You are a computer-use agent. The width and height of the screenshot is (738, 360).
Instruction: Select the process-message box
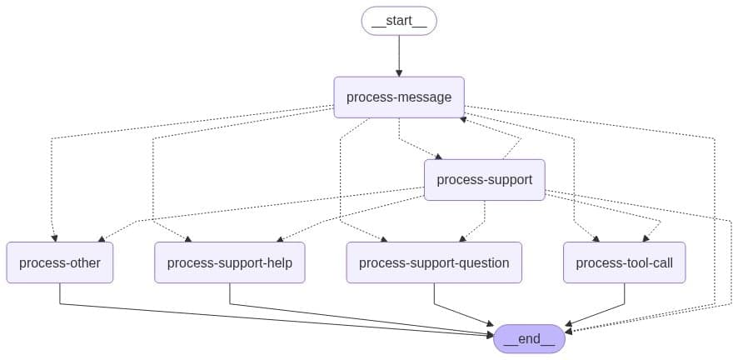399,97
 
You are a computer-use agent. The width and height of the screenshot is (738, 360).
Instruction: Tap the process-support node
484,180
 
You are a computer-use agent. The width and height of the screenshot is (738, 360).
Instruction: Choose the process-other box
60,263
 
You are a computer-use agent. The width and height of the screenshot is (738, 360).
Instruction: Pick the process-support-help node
230,263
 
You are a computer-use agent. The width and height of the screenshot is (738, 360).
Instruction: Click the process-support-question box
434,263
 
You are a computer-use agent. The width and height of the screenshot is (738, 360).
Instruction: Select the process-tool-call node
624,263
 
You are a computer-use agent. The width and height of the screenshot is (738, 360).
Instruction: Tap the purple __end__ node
529,339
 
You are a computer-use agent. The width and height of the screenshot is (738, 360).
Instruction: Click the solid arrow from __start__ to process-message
399,54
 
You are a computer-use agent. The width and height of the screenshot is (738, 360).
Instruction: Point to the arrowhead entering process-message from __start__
399,73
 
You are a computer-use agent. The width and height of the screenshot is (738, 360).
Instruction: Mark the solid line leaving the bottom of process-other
60,293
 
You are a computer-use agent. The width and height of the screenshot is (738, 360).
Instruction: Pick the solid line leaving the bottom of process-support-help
230,293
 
